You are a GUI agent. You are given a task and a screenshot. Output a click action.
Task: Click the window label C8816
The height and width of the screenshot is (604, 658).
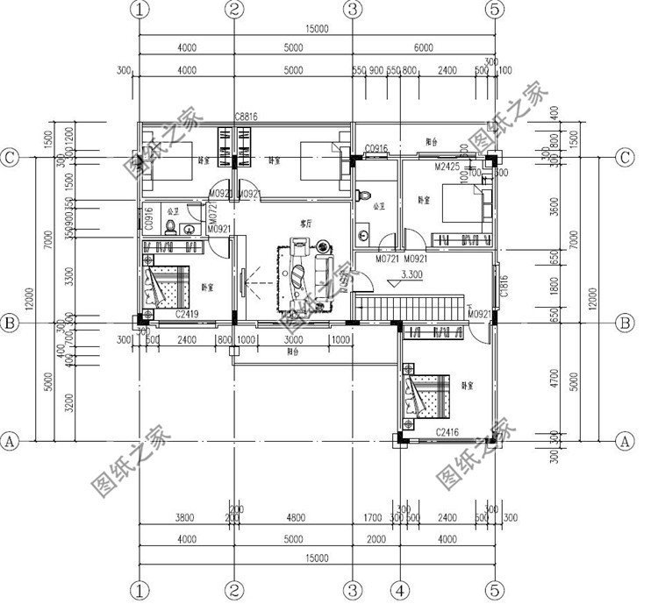pyautogui.click(x=246, y=117)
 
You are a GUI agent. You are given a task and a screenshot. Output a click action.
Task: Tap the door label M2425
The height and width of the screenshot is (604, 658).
pyautogui.click(x=448, y=165)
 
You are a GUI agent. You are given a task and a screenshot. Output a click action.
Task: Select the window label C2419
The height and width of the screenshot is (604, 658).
pyautogui.click(x=187, y=313)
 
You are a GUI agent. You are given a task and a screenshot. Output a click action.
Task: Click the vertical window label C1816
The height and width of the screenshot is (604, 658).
pyautogui.click(x=504, y=284)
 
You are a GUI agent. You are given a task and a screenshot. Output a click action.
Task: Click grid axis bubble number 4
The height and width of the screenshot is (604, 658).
pyautogui.click(x=398, y=586)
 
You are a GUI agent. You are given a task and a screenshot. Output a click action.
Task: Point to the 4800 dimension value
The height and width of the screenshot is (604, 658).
pyautogui.click(x=293, y=518)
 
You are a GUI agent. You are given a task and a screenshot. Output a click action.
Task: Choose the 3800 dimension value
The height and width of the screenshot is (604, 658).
pyautogui.click(x=185, y=518)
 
